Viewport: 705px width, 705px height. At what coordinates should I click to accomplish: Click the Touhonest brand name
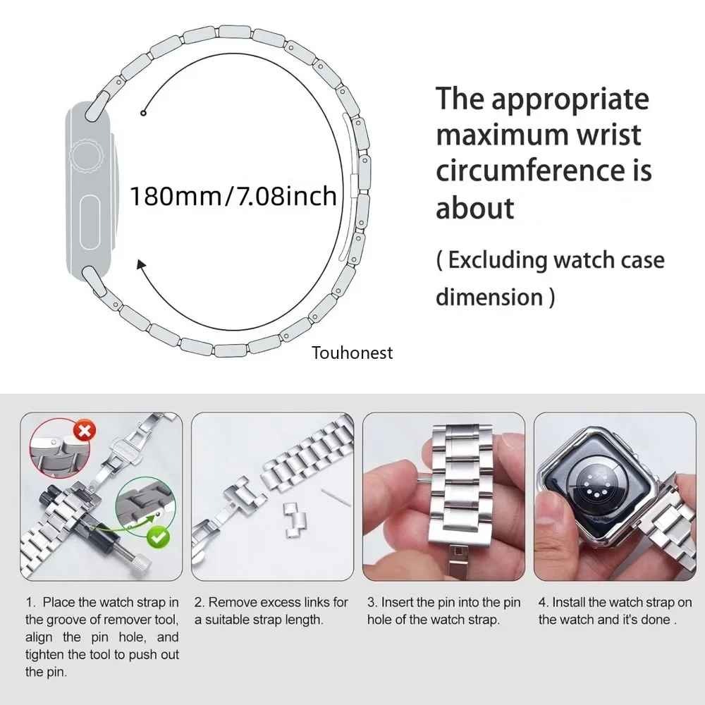click(352, 352)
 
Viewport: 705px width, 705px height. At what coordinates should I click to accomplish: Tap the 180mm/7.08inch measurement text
click(233, 195)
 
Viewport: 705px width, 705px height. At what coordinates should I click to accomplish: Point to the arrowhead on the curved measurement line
click(142, 266)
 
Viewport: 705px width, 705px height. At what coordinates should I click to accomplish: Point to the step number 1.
click(30, 603)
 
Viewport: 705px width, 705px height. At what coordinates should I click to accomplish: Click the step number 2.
click(200, 603)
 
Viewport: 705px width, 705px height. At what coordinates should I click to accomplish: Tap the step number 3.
click(372, 603)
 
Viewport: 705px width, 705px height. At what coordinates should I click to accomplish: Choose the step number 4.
click(544, 603)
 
